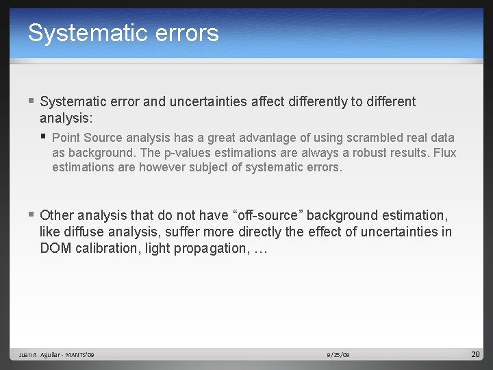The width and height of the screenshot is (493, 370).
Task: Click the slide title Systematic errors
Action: tap(123, 33)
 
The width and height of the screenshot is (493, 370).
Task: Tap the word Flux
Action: tap(445, 153)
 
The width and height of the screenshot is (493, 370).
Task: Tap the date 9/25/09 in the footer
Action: tap(338, 355)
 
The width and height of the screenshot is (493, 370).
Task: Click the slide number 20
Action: tap(476, 354)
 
